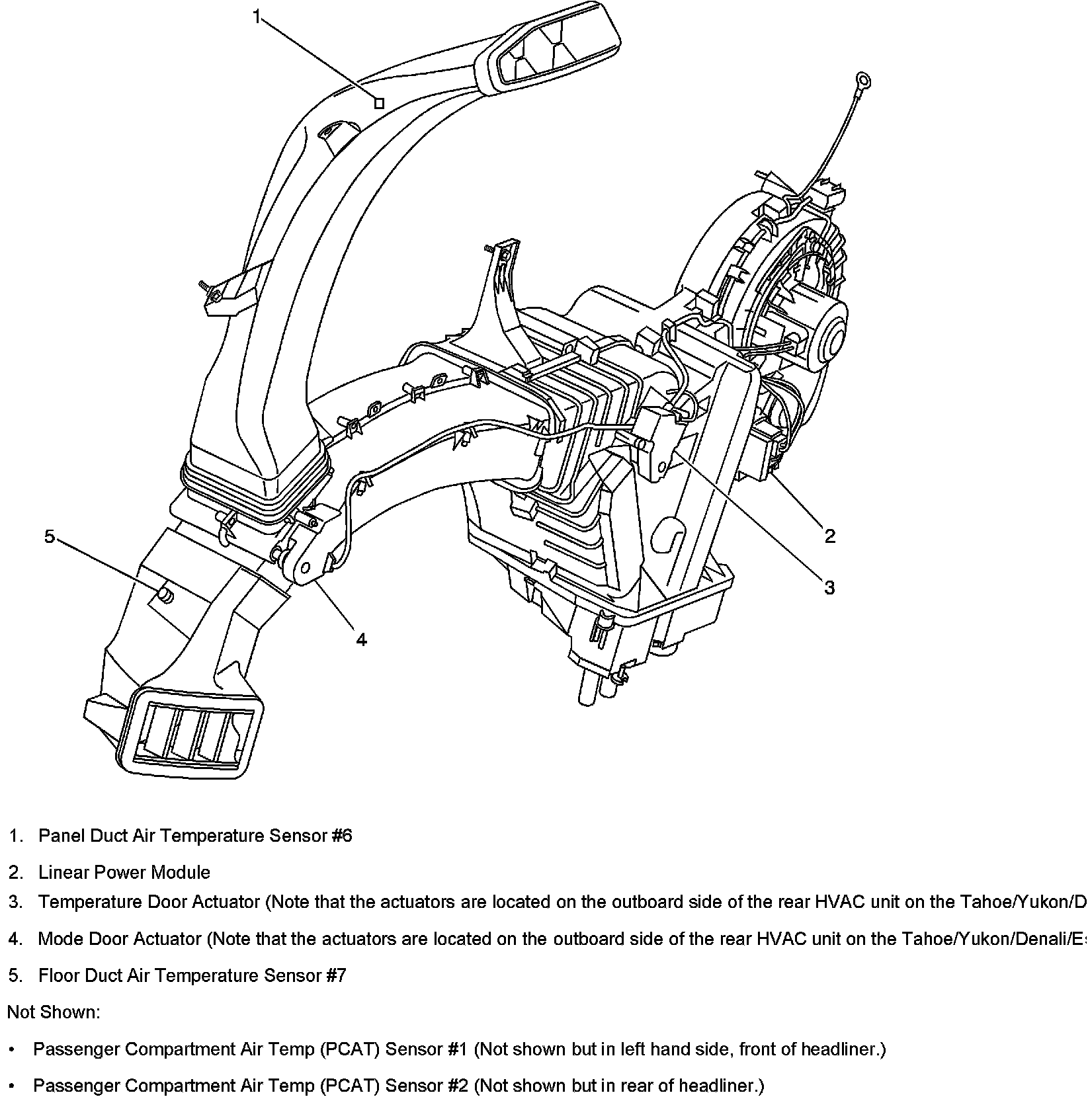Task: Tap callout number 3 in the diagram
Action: [829, 587]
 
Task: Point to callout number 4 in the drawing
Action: [361, 639]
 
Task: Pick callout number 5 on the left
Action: [50, 536]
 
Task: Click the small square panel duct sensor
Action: [379, 103]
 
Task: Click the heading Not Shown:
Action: [54, 1012]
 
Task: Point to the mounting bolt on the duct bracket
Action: [203, 286]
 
